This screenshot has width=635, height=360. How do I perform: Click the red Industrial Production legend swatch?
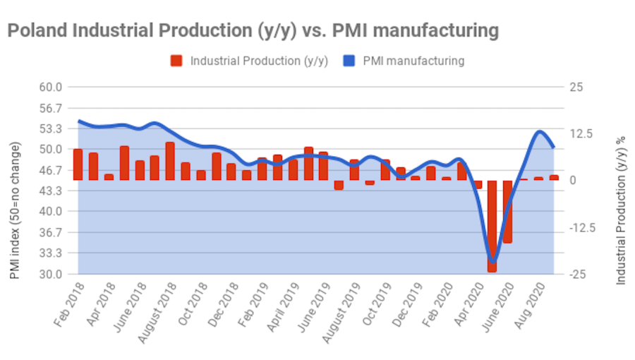coord(176,61)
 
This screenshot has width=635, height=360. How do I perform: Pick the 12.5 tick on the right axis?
coord(576,134)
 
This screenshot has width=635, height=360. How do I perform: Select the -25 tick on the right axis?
coord(576,274)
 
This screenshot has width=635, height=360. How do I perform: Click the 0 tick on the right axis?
coord(571,181)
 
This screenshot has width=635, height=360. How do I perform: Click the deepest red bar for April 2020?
coord(492,226)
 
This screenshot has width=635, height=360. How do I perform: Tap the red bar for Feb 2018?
coord(78,164)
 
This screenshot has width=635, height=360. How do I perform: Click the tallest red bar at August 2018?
coord(170,161)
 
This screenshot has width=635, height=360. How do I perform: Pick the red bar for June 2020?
coord(507,211)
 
